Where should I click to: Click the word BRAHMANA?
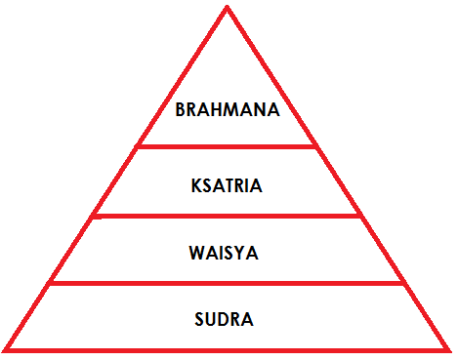pyautogui.click(x=228, y=110)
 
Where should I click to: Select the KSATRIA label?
pyautogui.click(x=228, y=182)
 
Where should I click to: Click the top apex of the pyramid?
pyautogui.click(x=228, y=8)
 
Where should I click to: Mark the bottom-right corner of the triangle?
pyautogui.click(x=449, y=349)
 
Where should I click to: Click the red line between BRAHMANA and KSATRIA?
pyautogui.click(x=228, y=146)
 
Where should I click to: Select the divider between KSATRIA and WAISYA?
pyautogui.click(x=228, y=217)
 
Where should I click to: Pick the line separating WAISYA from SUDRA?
pyautogui.click(x=228, y=284)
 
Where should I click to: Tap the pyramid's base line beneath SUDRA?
pyautogui.click(x=228, y=349)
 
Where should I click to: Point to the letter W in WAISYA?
pyautogui.click(x=196, y=253)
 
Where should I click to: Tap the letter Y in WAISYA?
pyautogui.click(x=242, y=253)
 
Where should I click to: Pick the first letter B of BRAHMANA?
pyautogui.click(x=181, y=110)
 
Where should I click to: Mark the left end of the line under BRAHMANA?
pyautogui.click(x=139, y=146)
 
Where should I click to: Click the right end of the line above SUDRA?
pyautogui.click(x=404, y=284)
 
